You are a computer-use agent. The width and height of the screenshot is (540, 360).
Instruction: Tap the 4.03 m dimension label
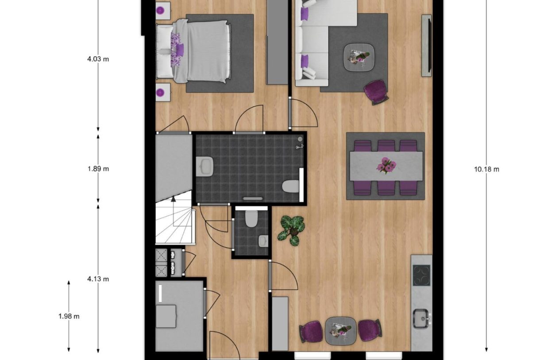(98, 58)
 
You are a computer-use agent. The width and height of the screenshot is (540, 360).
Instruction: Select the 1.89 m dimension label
(98, 169)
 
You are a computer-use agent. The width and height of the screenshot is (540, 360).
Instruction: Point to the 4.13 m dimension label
(98, 279)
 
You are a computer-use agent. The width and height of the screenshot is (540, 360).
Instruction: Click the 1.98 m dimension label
(69, 316)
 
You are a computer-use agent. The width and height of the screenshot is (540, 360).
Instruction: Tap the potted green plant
(291, 229)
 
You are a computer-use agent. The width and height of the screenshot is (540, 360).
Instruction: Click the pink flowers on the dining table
(386, 165)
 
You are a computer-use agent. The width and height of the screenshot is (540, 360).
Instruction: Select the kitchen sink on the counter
(422, 317)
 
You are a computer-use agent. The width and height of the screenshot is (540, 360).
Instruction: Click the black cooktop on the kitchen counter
(421, 275)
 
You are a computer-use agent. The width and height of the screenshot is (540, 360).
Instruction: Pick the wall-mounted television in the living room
(426, 45)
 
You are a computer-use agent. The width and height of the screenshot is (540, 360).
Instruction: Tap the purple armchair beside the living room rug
(376, 92)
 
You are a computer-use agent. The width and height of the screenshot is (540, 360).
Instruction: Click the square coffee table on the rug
(359, 57)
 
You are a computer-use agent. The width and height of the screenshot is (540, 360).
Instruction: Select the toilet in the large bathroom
(290, 186)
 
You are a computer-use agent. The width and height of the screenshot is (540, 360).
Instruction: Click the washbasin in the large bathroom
(205, 166)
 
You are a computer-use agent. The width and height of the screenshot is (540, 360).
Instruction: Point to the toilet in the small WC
(251, 218)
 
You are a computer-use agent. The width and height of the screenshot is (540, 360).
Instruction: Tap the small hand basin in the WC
(263, 240)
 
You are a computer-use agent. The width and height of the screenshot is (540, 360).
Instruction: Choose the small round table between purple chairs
(340, 330)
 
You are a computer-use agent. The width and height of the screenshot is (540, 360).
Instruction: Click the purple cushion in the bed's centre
(180, 48)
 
